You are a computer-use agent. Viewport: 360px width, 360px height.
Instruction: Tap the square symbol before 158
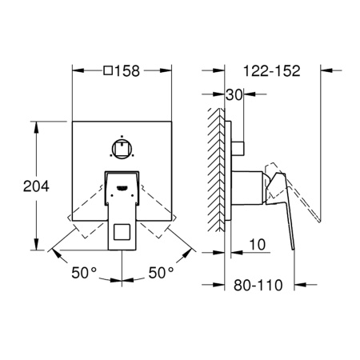tap(108, 70)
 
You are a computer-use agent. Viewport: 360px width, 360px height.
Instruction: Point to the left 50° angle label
tap(82, 272)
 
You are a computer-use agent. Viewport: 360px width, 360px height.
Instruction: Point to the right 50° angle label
tap(161, 272)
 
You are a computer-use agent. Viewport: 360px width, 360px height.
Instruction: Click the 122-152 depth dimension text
tap(269, 70)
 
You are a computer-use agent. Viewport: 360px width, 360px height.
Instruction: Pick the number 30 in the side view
tap(234, 94)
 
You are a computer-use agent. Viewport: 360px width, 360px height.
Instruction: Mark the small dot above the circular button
tap(122, 134)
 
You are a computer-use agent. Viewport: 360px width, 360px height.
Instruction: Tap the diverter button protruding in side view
tap(238, 147)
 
